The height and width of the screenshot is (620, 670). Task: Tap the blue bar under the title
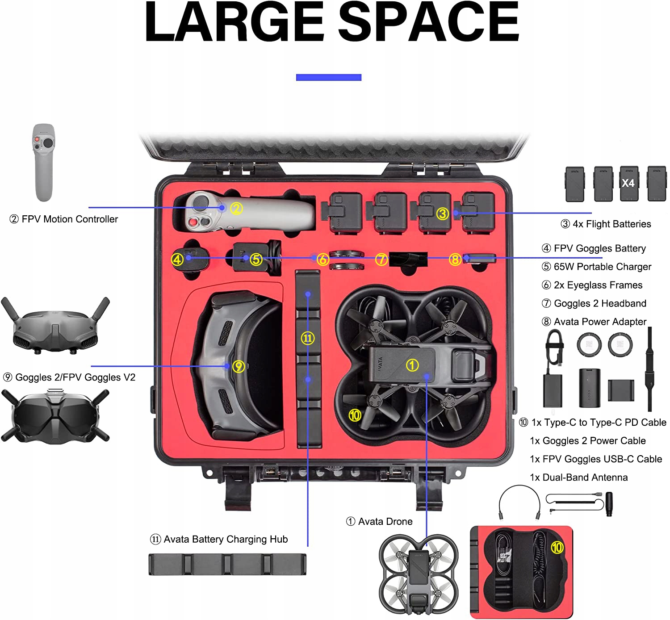(328, 77)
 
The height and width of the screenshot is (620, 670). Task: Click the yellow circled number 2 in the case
(236, 208)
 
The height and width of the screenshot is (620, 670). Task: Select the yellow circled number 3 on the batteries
(442, 214)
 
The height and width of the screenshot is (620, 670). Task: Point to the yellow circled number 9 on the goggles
(239, 367)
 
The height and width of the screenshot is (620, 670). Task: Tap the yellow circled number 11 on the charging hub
(307, 338)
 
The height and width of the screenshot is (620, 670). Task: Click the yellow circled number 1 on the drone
(412, 365)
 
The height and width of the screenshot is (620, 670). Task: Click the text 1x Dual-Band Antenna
(578, 478)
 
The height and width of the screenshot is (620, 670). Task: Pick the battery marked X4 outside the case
(628, 183)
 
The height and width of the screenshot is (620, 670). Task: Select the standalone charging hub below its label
(227, 564)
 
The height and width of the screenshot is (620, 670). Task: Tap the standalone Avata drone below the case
(419, 574)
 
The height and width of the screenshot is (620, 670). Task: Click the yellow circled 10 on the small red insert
(557, 548)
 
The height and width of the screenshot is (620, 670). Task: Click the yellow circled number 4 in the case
(177, 260)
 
